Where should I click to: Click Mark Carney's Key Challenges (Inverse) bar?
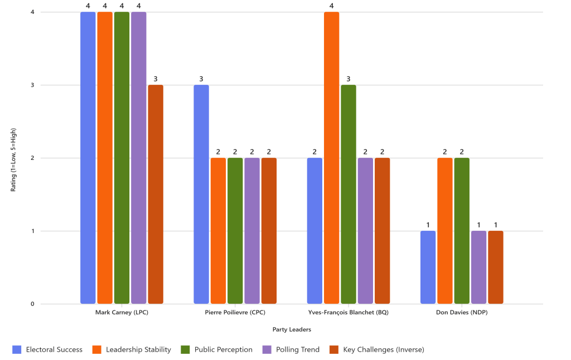[156, 194]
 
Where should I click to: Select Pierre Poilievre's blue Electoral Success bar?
[201, 194]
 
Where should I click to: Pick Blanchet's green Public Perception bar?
[349, 194]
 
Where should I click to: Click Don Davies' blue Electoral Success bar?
[428, 267]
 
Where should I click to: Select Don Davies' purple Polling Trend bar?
[478, 267]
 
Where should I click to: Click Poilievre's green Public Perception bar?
[235, 231]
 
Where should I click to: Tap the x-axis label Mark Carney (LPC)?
[122, 313]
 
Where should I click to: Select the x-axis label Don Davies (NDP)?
[462, 313]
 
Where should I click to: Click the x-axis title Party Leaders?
[292, 330]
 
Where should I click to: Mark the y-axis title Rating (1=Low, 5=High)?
[13, 158]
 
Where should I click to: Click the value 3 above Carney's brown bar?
[156, 79]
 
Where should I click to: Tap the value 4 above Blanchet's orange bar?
[332, 6]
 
